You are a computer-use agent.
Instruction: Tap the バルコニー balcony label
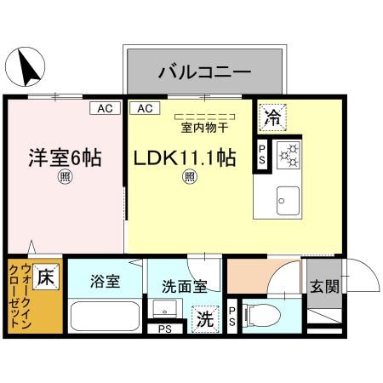click(203, 71)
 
